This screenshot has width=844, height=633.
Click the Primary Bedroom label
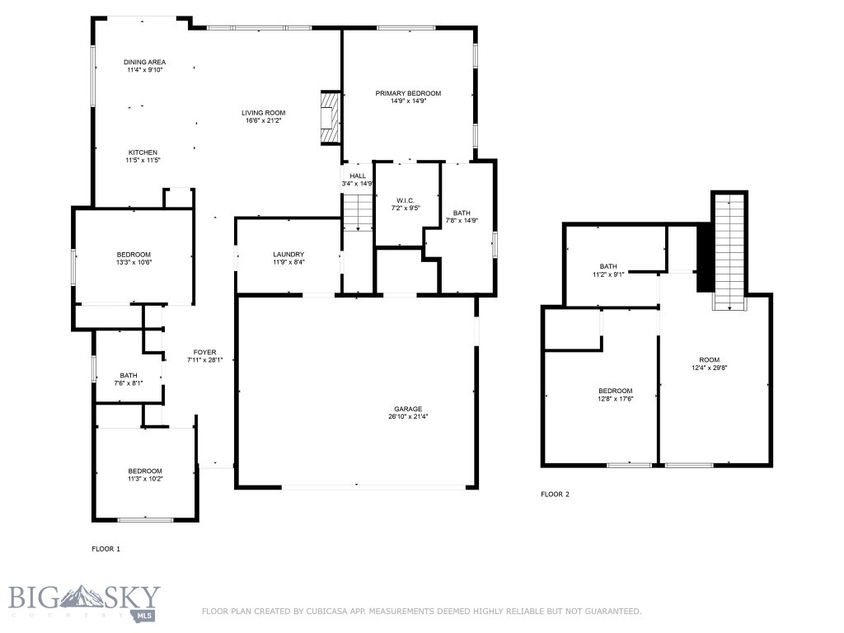(408, 93)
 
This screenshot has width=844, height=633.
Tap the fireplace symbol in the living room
(331, 116)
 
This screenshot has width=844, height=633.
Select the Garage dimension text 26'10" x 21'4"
(407, 416)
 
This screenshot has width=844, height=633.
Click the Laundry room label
(289, 254)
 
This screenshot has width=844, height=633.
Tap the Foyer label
(204, 352)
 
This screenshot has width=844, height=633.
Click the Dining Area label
(145, 62)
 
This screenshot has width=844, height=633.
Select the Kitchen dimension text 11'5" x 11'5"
(143, 160)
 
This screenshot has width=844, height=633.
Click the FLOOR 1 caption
(105, 548)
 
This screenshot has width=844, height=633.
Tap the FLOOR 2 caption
(555, 495)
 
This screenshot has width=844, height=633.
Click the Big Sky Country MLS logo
(84, 602)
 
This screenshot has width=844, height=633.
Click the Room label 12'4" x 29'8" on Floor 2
(709, 360)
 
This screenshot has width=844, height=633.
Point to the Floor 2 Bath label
(608, 266)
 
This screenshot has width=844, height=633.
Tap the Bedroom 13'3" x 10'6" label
(134, 254)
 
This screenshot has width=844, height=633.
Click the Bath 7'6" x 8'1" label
(128, 375)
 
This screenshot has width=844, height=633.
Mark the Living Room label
(264, 113)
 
